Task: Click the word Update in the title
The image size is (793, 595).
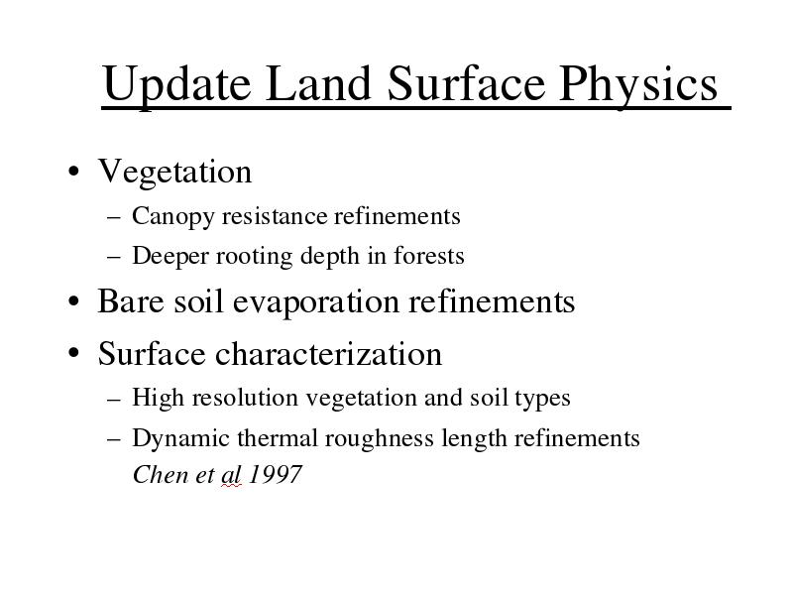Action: point(176,84)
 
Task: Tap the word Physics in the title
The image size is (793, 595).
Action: point(638,84)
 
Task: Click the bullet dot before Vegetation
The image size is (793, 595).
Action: point(73,171)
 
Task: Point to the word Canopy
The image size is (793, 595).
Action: point(172,217)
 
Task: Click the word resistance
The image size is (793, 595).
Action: point(275,216)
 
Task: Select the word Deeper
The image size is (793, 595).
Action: point(170,257)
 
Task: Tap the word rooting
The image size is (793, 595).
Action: point(255,257)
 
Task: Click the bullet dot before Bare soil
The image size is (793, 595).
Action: point(73,301)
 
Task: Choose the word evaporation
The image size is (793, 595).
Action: point(316,302)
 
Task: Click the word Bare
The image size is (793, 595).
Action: point(131,301)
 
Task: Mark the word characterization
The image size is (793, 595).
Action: point(329,353)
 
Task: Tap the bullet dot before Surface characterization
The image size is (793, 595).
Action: point(73,353)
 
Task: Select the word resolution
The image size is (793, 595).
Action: point(245,398)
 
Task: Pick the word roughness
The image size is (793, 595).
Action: point(380,438)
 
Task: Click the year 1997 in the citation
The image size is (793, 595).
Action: point(276,475)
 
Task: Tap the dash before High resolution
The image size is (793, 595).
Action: point(114,400)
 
